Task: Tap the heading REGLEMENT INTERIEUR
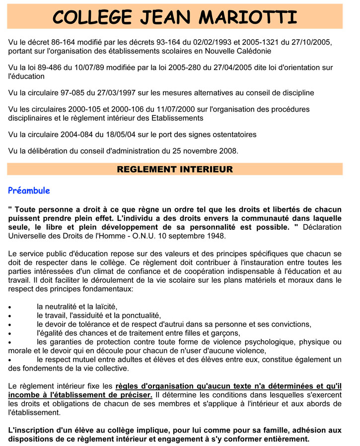pyautogui.click(x=175, y=169)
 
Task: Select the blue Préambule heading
pyautogui.click(x=29, y=191)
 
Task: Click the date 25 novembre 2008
pyautogui.click(x=203, y=151)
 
